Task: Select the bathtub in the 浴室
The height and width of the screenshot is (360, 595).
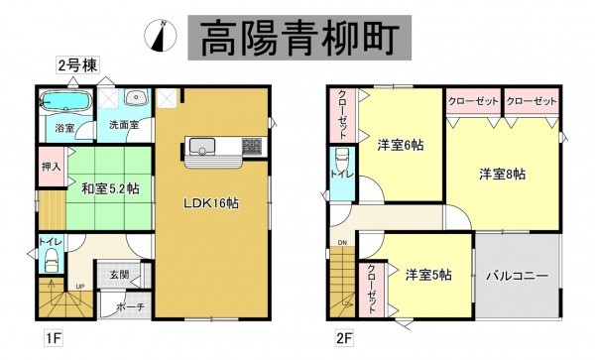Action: coord(64,102)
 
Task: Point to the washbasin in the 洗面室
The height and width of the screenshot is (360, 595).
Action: coord(137,98)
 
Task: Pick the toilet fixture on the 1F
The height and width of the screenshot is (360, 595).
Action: coord(51,259)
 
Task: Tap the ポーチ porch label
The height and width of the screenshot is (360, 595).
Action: coord(131,306)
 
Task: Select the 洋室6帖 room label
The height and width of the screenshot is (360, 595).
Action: coord(400,145)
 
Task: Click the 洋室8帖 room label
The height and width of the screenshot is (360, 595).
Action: coord(503,175)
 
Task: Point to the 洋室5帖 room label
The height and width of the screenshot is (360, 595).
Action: coord(427,274)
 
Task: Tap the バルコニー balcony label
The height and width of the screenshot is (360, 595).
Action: coord(518,275)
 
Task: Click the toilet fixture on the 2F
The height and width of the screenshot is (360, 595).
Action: coord(341,162)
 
